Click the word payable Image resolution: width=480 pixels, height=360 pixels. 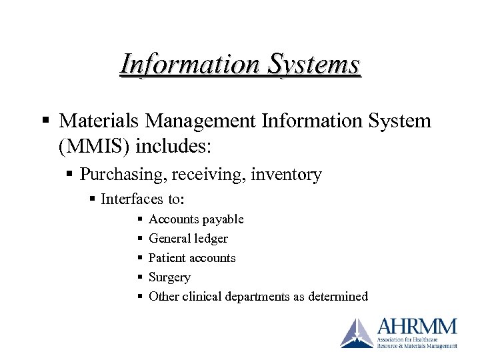pyautogui.click(x=223, y=219)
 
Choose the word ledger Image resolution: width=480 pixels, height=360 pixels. pyautogui.click(x=209, y=239)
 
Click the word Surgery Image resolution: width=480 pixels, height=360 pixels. pyautogui.click(x=170, y=277)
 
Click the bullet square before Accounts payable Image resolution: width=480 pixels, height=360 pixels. pyautogui.click(x=139, y=219)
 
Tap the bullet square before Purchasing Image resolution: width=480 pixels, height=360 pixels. pyautogui.click(x=70, y=175)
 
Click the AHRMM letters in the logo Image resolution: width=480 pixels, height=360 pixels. pyautogui.click(x=417, y=327)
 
